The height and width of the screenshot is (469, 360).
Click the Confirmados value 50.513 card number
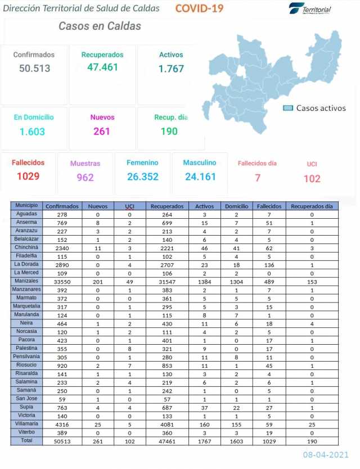coord(34,69)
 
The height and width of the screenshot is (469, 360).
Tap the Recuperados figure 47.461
coord(102,67)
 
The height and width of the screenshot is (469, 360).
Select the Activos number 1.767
coord(171,69)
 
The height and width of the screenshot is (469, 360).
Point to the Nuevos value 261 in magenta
coord(102,132)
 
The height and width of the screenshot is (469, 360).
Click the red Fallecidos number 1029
coord(28,177)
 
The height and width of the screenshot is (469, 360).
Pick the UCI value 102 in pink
coord(312,179)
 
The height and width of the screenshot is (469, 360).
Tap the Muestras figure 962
coord(85,178)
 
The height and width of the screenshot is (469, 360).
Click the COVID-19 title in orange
coord(199,8)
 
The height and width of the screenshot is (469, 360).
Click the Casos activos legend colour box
coord(288,108)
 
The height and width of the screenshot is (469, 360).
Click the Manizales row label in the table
coord(26,281)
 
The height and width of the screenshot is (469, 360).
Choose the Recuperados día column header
coord(312,206)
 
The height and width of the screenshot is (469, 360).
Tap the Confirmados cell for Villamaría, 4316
coord(62,424)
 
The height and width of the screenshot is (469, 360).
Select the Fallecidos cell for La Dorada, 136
coord(269,264)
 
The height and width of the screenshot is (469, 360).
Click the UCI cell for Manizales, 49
coord(129,281)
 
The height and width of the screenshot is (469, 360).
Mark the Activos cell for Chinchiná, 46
coord(204,247)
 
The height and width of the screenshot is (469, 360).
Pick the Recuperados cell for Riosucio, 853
coord(168,365)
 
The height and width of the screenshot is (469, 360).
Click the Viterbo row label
coord(26,432)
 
